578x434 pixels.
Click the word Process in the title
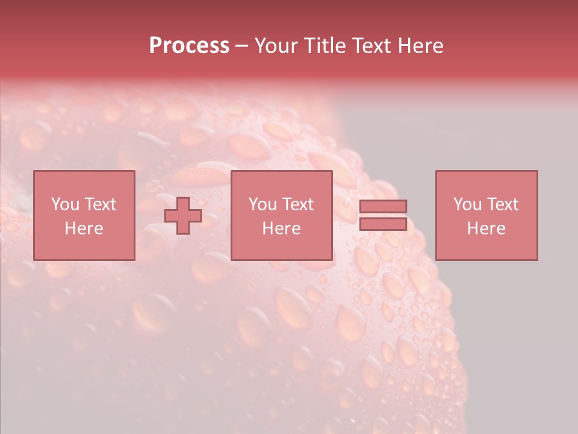click(189, 46)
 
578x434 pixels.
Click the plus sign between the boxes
click(183, 216)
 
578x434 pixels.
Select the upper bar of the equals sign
click(383, 206)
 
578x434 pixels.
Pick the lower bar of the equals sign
click(383, 224)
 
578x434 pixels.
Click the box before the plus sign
click(84, 181)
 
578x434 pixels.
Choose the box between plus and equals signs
click(282, 181)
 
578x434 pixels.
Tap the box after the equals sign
click(486, 181)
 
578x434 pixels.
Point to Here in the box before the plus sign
click(84, 228)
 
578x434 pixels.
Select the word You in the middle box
click(263, 204)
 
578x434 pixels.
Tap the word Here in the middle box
click(282, 228)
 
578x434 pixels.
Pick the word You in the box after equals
click(467, 204)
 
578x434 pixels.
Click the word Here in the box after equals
click(486, 228)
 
